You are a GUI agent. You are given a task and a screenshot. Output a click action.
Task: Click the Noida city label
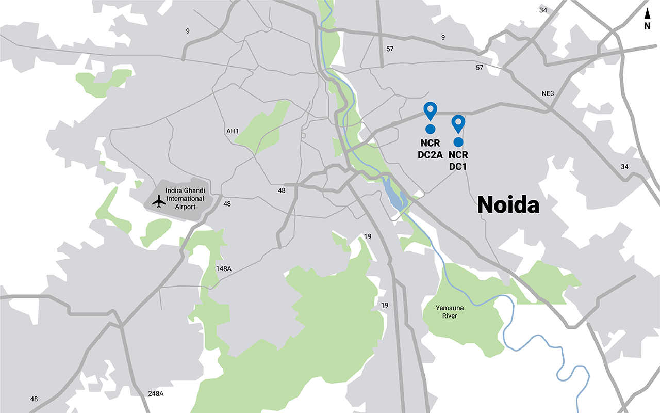pyautogui.click(x=508, y=205)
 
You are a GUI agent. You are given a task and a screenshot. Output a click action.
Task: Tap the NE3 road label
pyautogui.click(x=547, y=93)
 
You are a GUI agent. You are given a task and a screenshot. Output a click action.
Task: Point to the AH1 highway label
pyautogui.click(x=233, y=131)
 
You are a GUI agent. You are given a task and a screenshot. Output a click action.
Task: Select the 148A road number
pyautogui.click(x=224, y=269)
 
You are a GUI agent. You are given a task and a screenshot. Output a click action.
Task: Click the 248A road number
pyautogui.click(x=155, y=393)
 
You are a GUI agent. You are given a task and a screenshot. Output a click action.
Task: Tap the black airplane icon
pyautogui.click(x=159, y=201)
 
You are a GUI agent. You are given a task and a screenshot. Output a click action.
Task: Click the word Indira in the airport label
pyautogui.click(x=174, y=190)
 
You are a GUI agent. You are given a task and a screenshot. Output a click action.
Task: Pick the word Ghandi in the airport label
pyautogui.click(x=195, y=190)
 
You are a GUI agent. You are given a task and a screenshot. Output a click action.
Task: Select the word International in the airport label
pyautogui.click(x=185, y=199)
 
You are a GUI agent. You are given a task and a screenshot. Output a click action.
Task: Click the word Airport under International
pyautogui.click(x=185, y=206)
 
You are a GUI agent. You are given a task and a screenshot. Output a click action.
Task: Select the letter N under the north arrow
pyautogui.click(x=647, y=26)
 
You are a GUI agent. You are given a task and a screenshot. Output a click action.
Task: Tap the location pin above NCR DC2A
pyautogui.click(x=430, y=110)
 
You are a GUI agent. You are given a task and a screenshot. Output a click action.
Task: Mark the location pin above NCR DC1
pyautogui.click(x=458, y=123)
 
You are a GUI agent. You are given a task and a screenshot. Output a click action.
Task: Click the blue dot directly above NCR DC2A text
pyautogui.click(x=430, y=129)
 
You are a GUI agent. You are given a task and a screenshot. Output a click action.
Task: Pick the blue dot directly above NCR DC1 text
pyautogui.click(x=458, y=141)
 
